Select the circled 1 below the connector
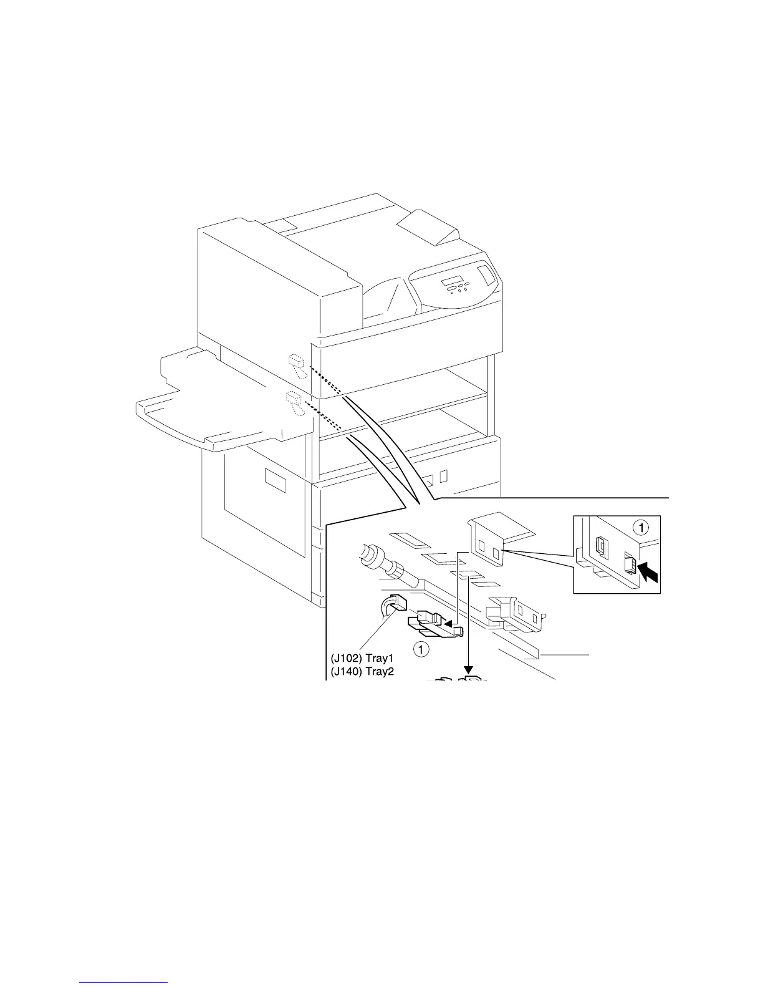pyautogui.click(x=422, y=650)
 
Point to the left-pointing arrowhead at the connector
pyautogui.click(x=446, y=621)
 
